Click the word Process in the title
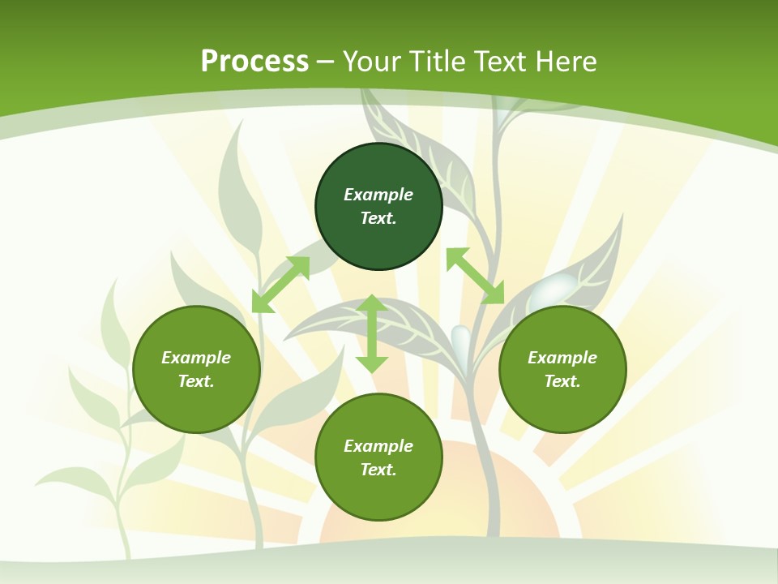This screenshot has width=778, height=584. (254, 62)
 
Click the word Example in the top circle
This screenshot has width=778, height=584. (378, 195)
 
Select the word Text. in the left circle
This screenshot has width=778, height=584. (196, 381)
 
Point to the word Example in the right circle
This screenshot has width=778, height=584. (562, 358)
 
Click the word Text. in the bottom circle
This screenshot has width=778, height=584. (378, 470)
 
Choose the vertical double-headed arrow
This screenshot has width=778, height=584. (372, 333)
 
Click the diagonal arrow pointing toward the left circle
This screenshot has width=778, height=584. (280, 284)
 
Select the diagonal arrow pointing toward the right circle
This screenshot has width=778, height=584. (476, 276)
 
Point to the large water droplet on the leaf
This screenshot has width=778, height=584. (555, 289)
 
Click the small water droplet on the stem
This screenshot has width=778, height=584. (460, 339)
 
